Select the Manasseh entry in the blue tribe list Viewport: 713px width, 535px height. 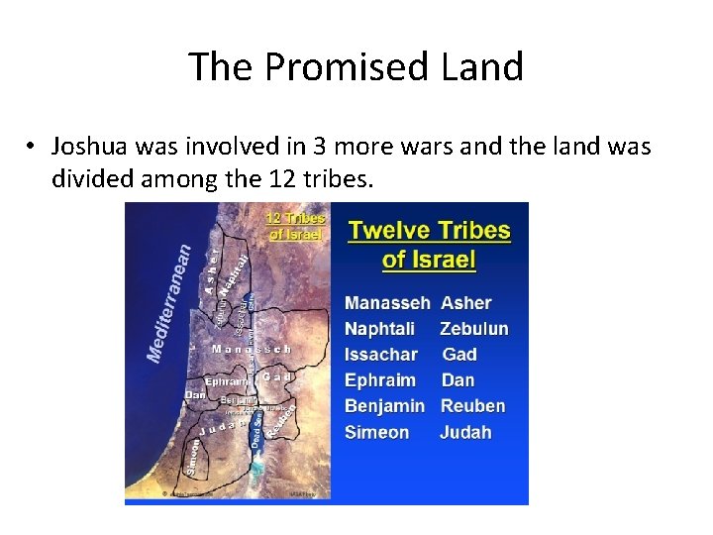tap(387, 303)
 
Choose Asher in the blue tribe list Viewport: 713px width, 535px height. tap(465, 303)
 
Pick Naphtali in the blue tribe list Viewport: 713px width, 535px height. tap(380, 329)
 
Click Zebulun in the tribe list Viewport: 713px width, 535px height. tap(474, 329)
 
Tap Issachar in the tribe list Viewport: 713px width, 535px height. tap(381, 355)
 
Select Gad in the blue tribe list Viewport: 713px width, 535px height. tap(459, 355)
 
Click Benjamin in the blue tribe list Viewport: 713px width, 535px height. tap(384, 406)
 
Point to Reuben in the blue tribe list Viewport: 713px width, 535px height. tap(472, 406)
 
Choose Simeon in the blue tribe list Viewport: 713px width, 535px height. tap(376, 432)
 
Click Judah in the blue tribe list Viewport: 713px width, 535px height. tap(465, 432)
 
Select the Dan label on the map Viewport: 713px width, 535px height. tap(195, 395)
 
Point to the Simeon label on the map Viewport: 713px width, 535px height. tap(193, 461)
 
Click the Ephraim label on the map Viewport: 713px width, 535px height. tap(225, 380)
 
